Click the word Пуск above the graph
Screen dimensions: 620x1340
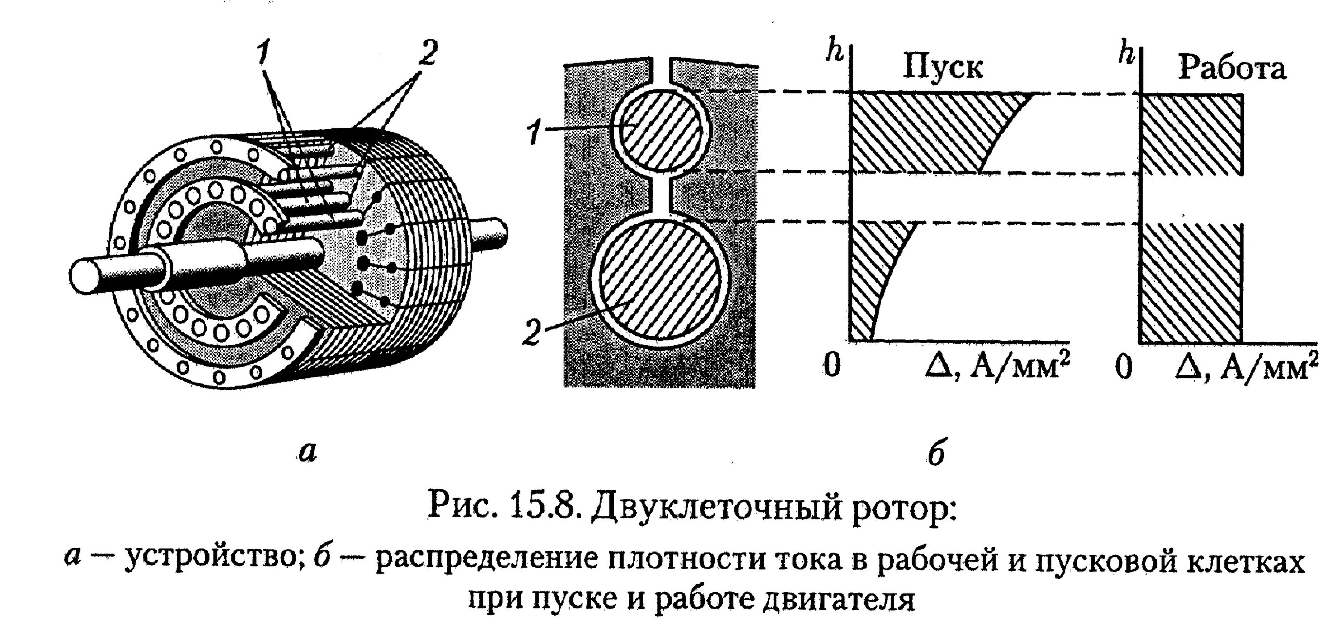tap(942, 67)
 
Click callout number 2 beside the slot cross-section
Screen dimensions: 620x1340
tap(532, 333)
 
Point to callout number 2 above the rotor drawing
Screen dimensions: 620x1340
tap(426, 53)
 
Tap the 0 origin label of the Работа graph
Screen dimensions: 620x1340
tap(1124, 367)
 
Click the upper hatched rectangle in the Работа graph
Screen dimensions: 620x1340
tap(1191, 134)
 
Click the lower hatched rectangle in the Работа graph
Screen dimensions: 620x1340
tap(1191, 284)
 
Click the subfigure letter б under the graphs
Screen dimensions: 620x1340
tap(936, 452)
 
